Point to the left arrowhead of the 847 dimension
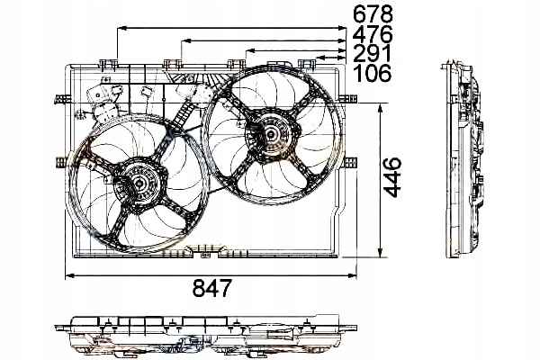[x=67, y=274]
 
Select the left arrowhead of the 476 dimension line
[x=184, y=40]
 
